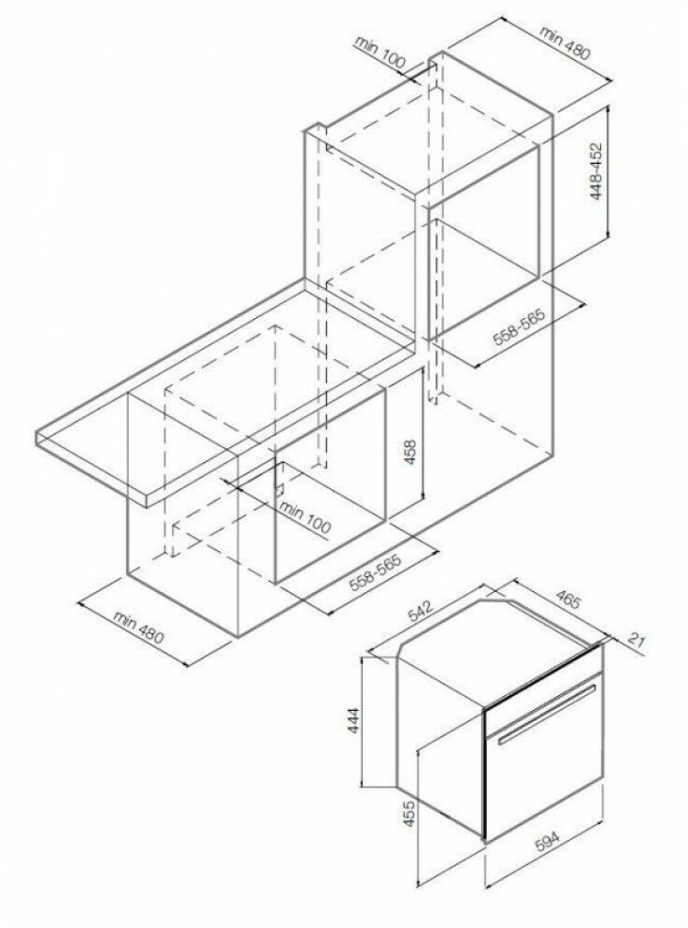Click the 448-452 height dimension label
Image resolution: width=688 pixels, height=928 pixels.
click(597, 171)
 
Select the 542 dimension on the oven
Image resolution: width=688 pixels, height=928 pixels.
click(421, 612)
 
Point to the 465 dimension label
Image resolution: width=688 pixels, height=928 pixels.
click(566, 602)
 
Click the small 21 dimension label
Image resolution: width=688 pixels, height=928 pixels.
click(635, 640)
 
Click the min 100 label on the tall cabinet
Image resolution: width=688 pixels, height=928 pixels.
click(381, 53)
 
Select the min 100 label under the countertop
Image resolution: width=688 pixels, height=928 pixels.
click(304, 516)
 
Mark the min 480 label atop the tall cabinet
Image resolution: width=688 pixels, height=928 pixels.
click(565, 43)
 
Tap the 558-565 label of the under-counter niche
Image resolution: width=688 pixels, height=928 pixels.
click(376, 573)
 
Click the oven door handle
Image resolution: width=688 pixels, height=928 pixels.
click(546, 715)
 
